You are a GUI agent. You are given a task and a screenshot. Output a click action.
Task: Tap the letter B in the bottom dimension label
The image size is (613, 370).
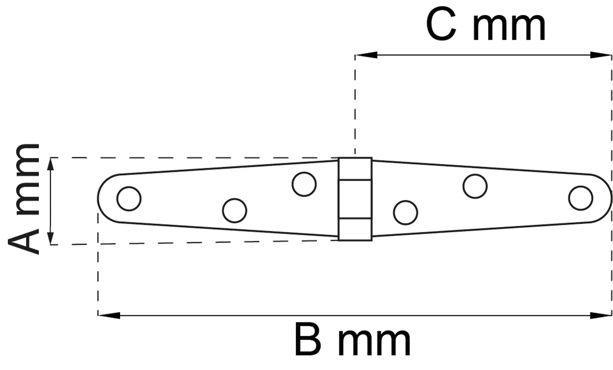tap(308, 340)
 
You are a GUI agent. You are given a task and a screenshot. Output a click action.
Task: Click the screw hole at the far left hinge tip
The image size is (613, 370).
tap(129, 199)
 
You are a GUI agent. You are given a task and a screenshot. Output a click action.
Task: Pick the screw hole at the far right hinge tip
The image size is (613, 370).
tap(581, 198)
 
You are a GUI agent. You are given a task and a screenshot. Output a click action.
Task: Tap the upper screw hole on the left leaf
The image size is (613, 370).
tap(304, 184)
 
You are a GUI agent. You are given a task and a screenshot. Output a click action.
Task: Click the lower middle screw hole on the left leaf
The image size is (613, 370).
tap(234, 210)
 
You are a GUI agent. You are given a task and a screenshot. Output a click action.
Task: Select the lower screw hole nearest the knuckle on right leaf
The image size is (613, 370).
tap(405, 213)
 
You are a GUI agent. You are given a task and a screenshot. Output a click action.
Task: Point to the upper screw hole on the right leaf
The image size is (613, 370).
tap(475, 186)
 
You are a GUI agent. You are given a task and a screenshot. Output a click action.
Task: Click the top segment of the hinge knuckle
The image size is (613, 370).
tap(355, 169)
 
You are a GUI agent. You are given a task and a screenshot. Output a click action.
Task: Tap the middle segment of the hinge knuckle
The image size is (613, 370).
tap(355, 199)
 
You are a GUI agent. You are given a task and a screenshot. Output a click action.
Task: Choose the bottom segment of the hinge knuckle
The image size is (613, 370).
tap(355, 229)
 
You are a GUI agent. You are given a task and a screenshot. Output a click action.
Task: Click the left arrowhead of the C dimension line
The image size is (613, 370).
tap(366, 55)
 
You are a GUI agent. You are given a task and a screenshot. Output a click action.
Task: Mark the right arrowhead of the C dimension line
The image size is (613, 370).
tap(601, 55)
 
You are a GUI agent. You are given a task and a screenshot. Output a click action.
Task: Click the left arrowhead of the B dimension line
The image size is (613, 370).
tap(109, 315)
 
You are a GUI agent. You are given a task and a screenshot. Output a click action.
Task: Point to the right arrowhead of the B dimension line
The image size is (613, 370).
tap(601, 315)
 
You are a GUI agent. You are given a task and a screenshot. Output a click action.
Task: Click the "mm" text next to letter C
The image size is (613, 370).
tap(509, 28)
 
